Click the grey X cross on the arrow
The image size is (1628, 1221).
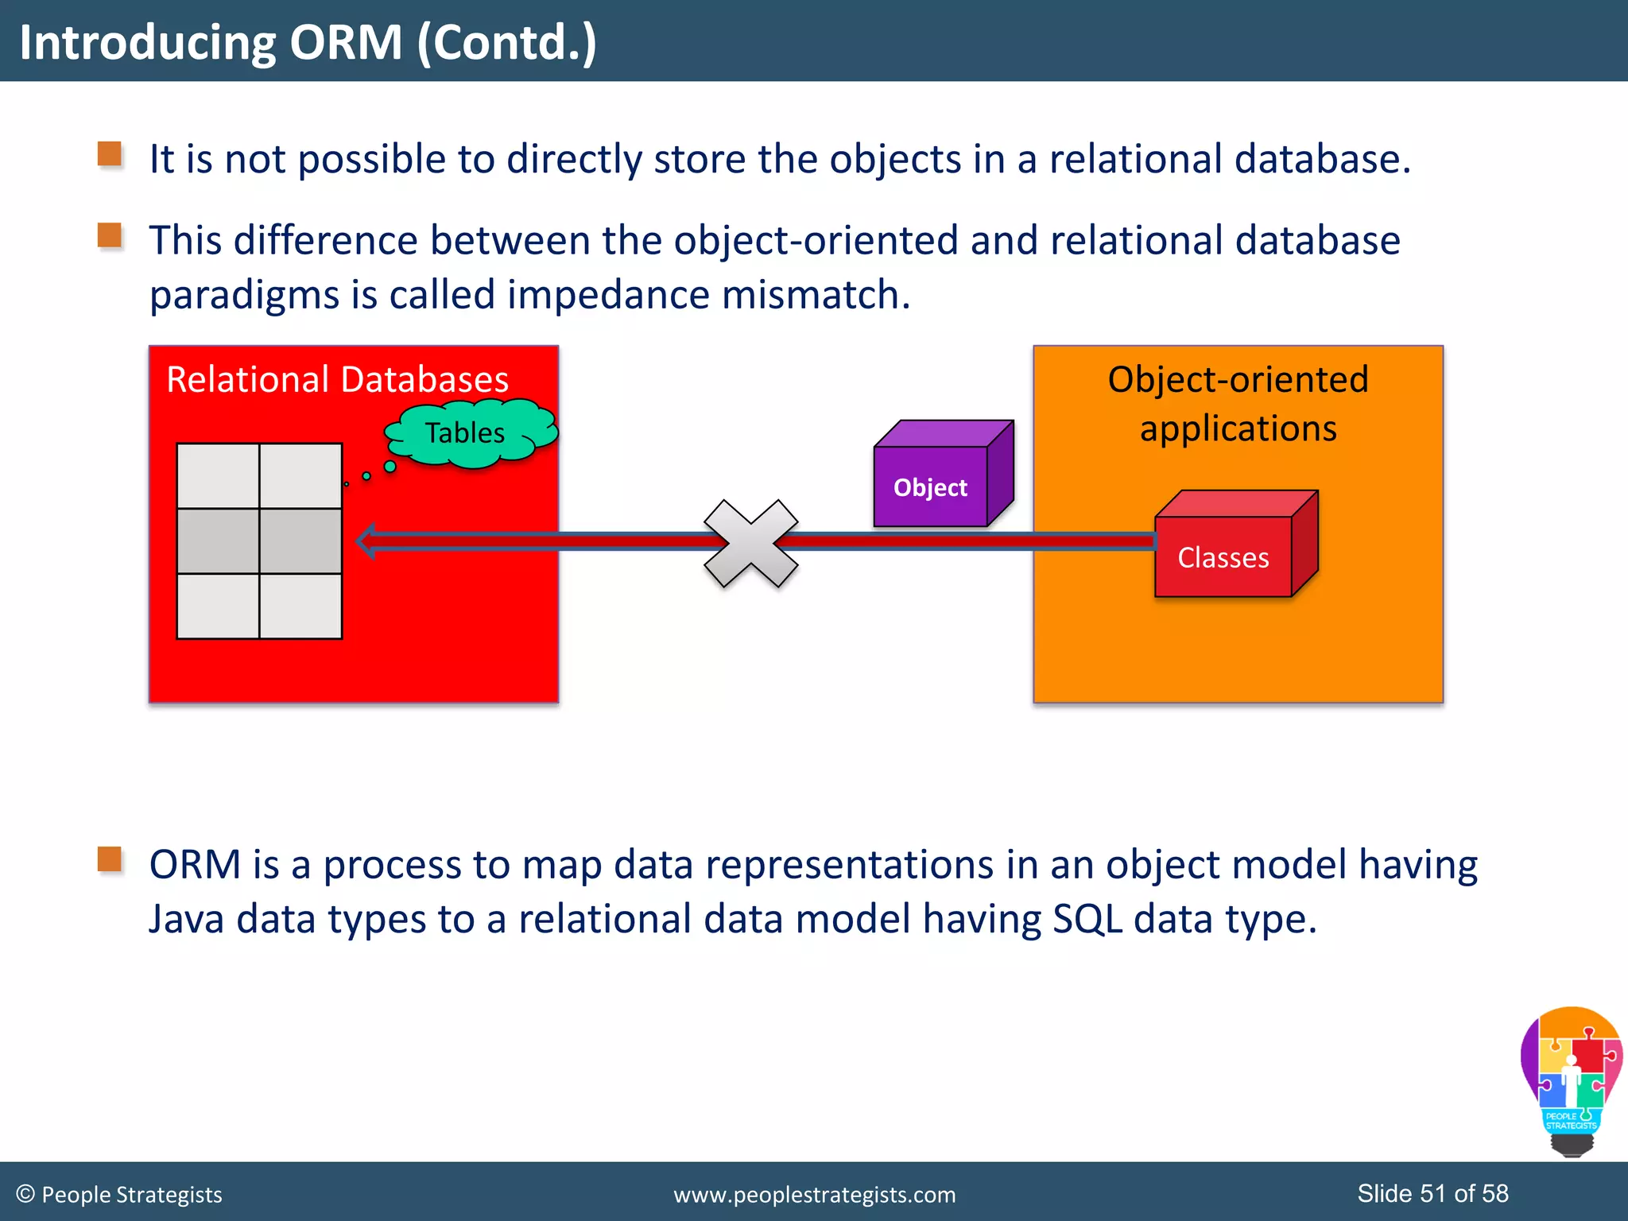click(750, 544)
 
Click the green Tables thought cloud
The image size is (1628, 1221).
click(469, 432)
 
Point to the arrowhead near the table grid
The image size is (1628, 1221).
click(366, 541)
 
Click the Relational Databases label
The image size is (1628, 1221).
click(337, 379)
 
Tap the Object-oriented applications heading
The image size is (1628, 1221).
click(1238, 403)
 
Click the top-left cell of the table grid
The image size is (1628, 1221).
click(218, 475)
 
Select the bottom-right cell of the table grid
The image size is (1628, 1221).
click(300, 606)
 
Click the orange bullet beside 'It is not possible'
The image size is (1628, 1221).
click(110, 154)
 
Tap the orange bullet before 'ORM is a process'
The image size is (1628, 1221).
click(110, 859)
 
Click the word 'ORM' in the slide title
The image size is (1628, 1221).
click(346, 42)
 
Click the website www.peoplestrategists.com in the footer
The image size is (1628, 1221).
click(814, 1195)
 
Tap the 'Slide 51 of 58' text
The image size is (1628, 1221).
click(1432, 1193)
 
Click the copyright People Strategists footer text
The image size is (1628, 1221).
click(119, 1195)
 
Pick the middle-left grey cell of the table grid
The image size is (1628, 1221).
click(218, 541)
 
